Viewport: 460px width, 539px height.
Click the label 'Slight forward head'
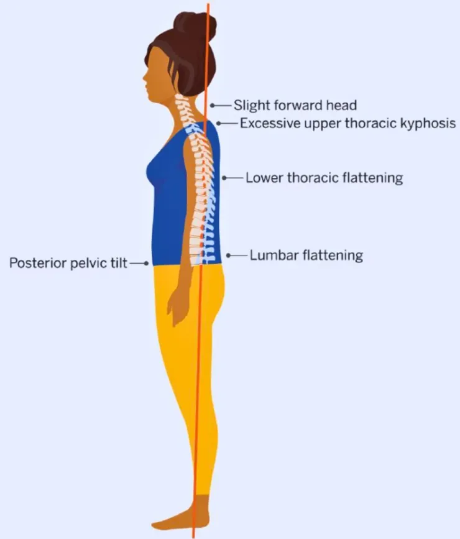(x=295, y=105)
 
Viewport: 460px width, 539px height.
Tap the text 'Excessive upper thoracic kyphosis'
(x=348, y=123)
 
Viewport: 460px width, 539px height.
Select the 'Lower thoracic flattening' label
(x=324, y=178)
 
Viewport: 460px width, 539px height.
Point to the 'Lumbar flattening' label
(x=306, y=256)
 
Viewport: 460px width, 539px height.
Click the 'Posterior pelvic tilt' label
(x=68, y=263)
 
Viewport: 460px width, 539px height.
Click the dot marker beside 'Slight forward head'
(x=212, y=106)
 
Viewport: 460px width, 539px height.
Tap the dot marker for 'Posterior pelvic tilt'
(x=147, y=264)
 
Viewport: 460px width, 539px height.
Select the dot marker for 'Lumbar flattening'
(x=228, y=256)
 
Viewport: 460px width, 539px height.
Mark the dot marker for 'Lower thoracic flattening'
(x=224, y=178)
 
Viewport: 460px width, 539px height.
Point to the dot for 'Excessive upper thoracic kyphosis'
(x=218, y=123)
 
